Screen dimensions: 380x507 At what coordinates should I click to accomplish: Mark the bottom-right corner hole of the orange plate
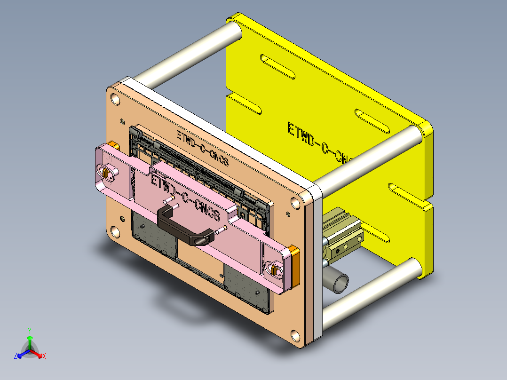click(x=295, y=336)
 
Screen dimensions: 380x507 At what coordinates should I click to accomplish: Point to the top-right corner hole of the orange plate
click(x=295, y=203)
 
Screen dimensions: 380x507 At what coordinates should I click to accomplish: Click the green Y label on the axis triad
click(x=29, y=331)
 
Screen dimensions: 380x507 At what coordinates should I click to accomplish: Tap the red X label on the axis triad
click(x=44, y=356)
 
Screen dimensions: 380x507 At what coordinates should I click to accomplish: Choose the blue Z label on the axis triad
click(x=16, y=356)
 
